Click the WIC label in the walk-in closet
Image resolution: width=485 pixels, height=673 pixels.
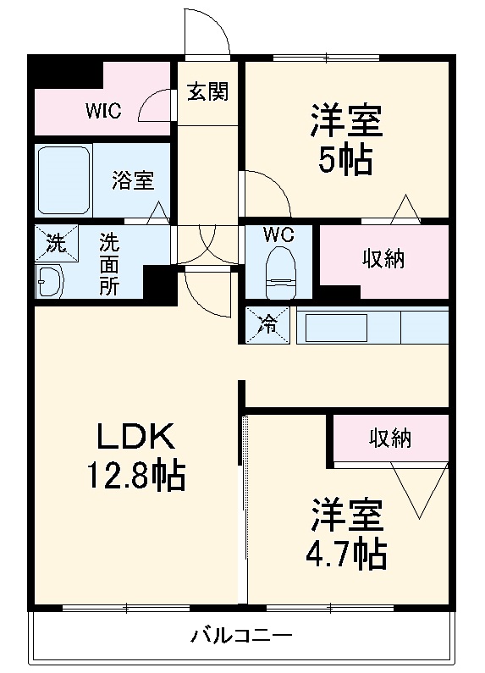[x=103, y=111]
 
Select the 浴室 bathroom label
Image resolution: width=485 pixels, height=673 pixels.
[x=133, y=179]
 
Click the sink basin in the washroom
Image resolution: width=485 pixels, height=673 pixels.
[x=52, y=280]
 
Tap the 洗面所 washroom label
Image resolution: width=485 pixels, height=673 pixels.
[x=109, y=263]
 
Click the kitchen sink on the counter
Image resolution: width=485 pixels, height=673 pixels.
[x=336, y=327]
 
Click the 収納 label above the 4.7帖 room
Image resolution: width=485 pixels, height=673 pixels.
[x=389, y=438]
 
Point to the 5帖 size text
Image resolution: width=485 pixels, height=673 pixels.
[x=345, y=159]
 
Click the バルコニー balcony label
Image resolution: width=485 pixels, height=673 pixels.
[x=241, y=635]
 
